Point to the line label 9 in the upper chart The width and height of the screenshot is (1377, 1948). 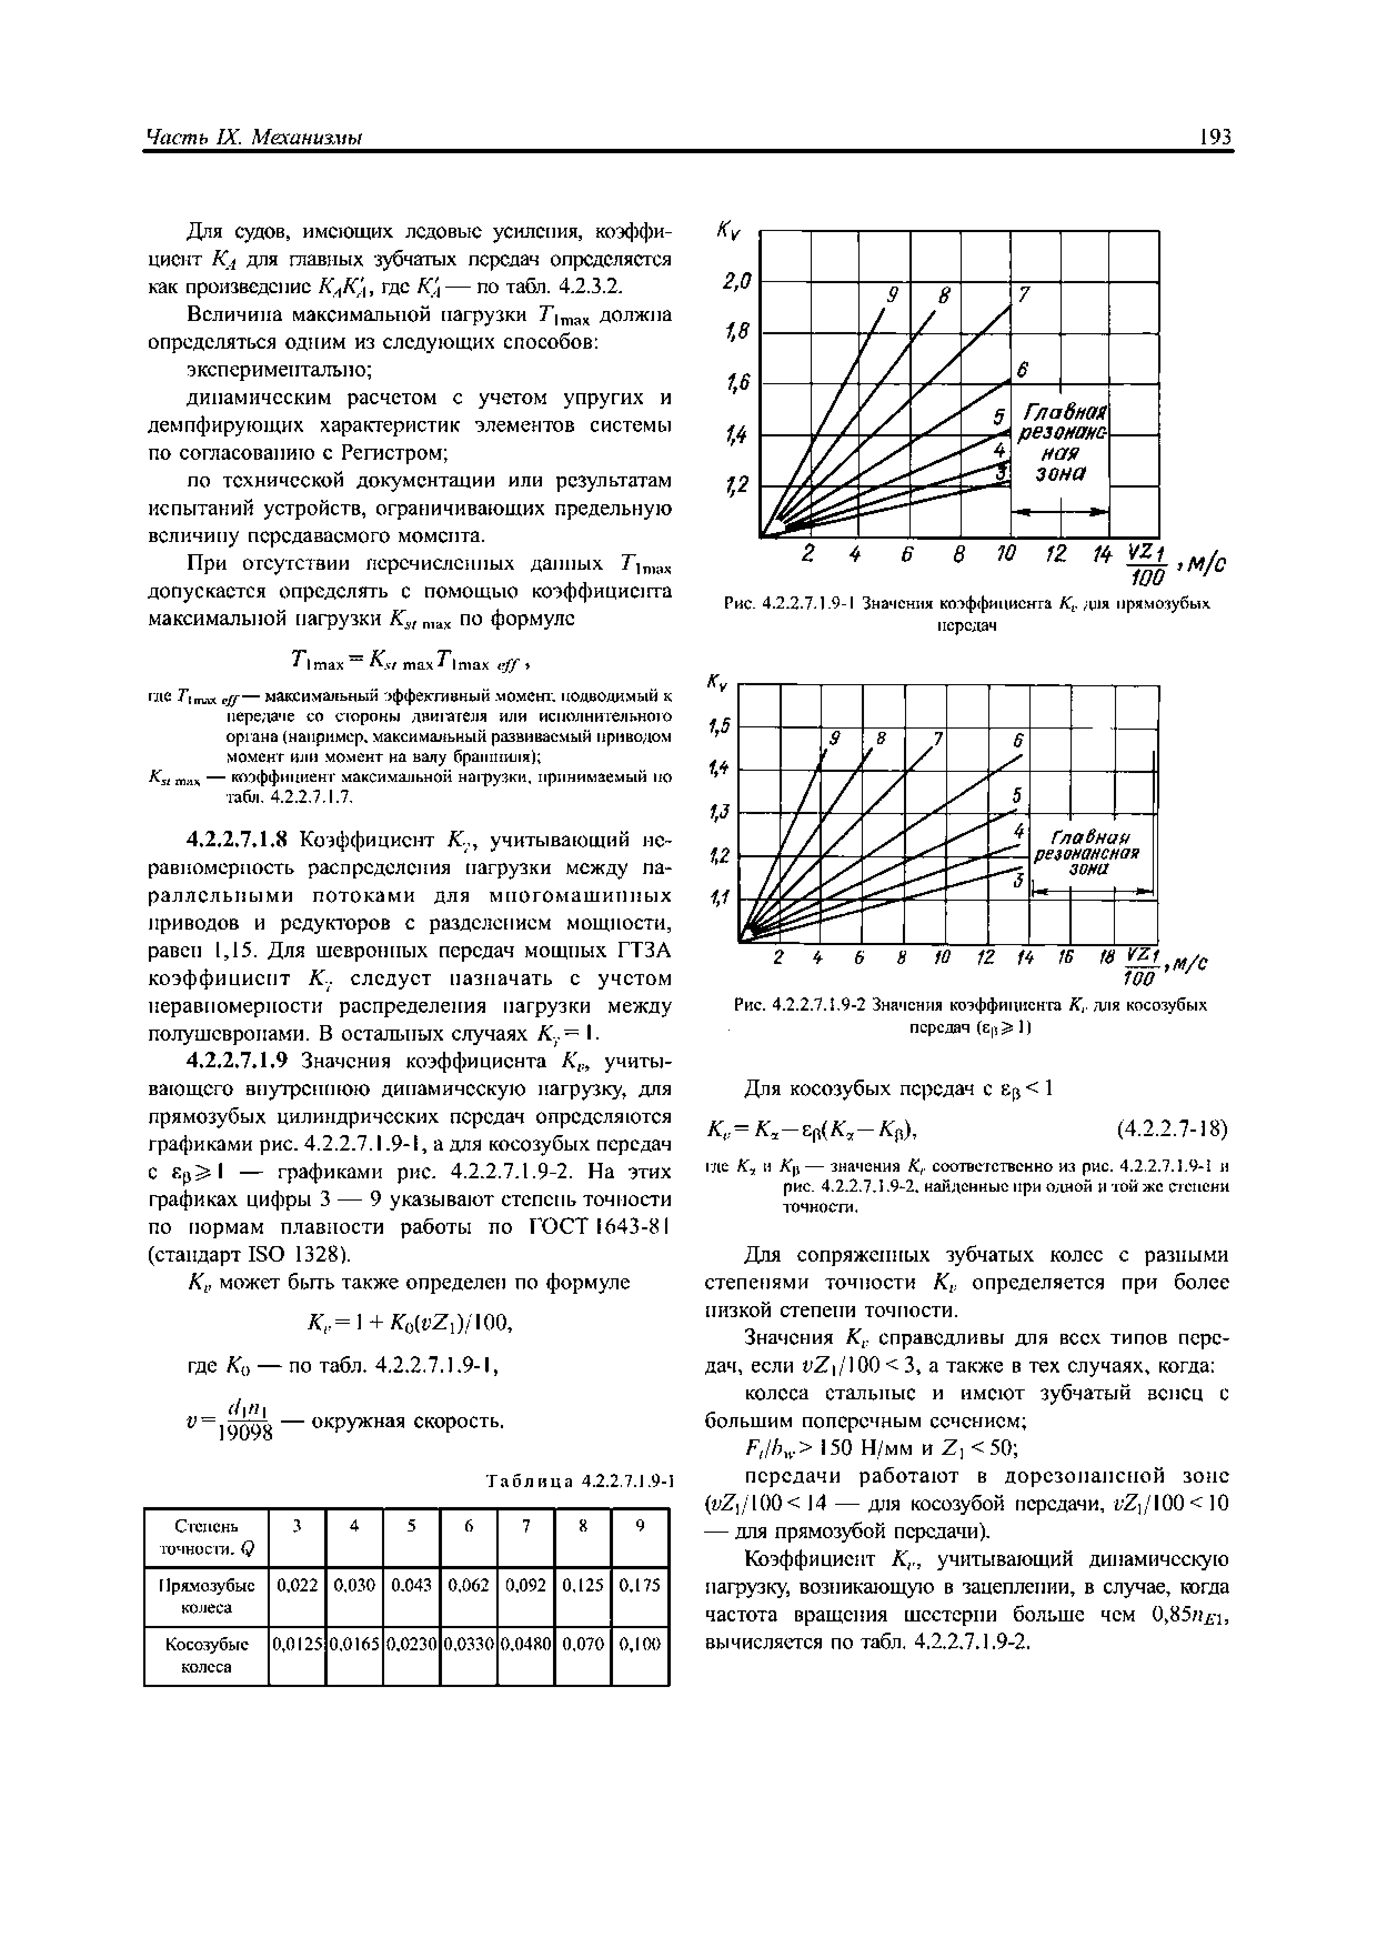[x=892, y=294]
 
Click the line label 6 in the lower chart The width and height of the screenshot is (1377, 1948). [x=1017, y=739]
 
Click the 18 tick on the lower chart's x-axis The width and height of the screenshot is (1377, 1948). [x=1105, y=957]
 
